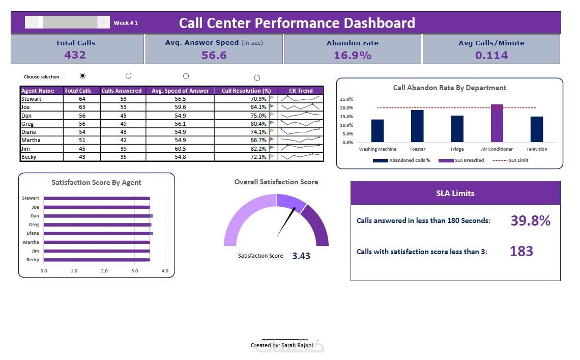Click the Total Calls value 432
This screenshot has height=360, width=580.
(75, 55)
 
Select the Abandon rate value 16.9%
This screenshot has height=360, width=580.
(353, 56)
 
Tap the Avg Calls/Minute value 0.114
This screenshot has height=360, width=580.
(491, 56)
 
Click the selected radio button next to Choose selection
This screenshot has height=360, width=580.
(83, 76)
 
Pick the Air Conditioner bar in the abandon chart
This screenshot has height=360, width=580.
(497, 123)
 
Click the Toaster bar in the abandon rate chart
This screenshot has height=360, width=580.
(417, 126)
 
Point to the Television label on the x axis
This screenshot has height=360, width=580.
(537, 149)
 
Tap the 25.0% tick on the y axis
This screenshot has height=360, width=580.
(346, 99)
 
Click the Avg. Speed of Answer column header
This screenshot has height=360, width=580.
(181, 91)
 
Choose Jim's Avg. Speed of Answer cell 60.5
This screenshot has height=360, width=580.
(180, 149)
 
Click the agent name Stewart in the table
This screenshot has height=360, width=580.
(31, 99)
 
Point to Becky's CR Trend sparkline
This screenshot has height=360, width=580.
(302, 157)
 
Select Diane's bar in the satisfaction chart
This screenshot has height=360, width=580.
(97, 233)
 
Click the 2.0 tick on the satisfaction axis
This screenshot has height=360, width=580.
(104, 271)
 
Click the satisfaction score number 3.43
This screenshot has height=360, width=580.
(301, 256)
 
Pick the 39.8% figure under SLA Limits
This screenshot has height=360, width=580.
(531, 220)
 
